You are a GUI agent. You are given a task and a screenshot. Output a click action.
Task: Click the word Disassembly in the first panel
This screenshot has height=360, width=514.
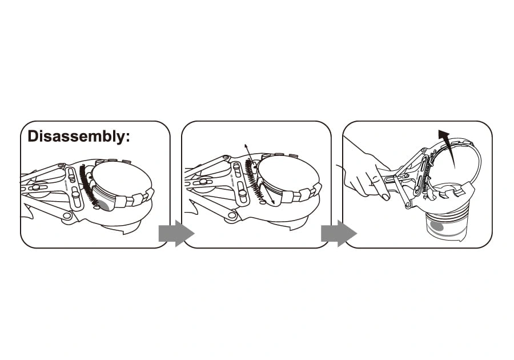click(x=75, y=137)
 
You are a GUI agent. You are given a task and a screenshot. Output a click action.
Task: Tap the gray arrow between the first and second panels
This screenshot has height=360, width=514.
click(x=176, y=234)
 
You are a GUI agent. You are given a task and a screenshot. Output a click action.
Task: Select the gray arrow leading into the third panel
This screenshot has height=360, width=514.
click(x=339, y=234)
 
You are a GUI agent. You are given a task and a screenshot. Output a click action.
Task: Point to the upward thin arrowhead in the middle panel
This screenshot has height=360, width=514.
click(x=246, y=146)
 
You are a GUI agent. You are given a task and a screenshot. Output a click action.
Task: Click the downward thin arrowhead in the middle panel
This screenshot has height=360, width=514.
click(x=273, y=202)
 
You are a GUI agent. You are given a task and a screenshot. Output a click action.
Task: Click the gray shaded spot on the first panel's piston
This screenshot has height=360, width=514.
click(x=106, y=205)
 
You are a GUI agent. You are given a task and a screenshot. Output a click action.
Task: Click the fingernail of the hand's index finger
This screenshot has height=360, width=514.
click(x=385, y=197)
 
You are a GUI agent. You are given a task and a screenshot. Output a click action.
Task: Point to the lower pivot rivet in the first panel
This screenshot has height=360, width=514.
click(x=67, y=215)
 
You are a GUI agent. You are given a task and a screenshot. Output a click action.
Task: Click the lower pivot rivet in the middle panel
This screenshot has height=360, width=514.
click(x=232, y=215)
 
